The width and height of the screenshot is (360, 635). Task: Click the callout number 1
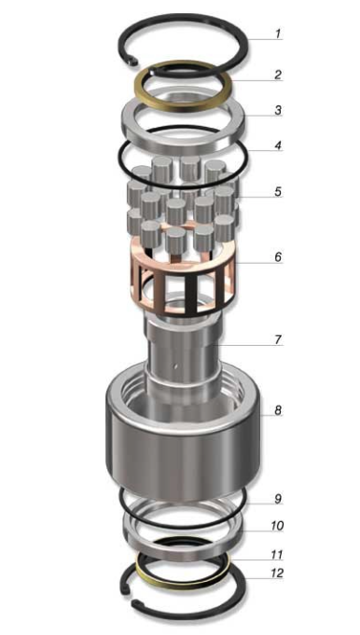click(x=277, y=34)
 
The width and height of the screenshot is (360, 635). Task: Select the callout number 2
click(x=277, y=75)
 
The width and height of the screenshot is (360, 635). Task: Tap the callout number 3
click(x=278, y=110)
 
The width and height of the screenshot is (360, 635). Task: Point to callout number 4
click(x=278, y=145)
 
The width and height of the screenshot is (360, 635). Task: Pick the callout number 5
click(x=278, y=191)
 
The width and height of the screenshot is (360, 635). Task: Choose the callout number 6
click(x=278, y=257)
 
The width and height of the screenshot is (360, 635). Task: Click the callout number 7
click(x=278, y=339)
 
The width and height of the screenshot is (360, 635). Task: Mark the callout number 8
click(x=278, y=410)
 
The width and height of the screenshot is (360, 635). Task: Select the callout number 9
click(x=278, y=499)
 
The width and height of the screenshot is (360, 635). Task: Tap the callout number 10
click(x=277, y=526)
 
